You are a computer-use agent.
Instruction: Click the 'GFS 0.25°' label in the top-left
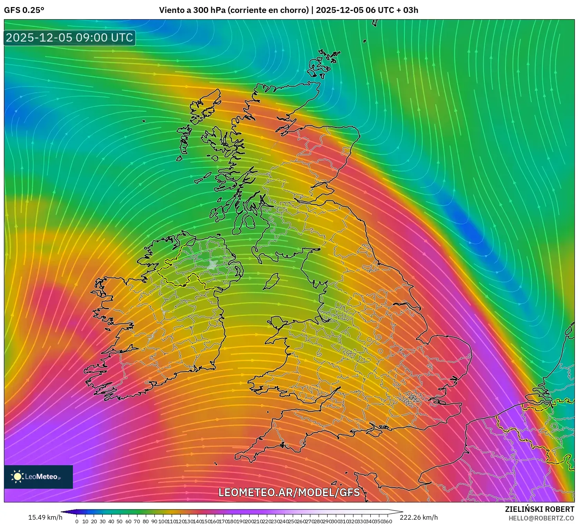click(24, 10)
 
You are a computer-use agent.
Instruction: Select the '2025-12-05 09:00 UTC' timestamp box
click(69, 38)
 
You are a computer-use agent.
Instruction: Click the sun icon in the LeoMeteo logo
click(17, 477)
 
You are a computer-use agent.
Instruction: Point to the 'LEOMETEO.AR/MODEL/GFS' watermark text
click(289, 492)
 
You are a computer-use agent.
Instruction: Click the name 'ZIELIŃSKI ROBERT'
click(540, 509)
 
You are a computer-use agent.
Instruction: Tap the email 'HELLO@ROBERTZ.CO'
click(541, 518)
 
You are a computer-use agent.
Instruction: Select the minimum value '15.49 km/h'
click(45, 517)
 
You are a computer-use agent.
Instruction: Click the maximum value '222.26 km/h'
click(419, 517)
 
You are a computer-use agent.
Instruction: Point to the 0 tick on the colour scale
click(77, 521)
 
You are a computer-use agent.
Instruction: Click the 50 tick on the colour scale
click(120, 521)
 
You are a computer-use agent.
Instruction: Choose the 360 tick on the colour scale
click(387, 521)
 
